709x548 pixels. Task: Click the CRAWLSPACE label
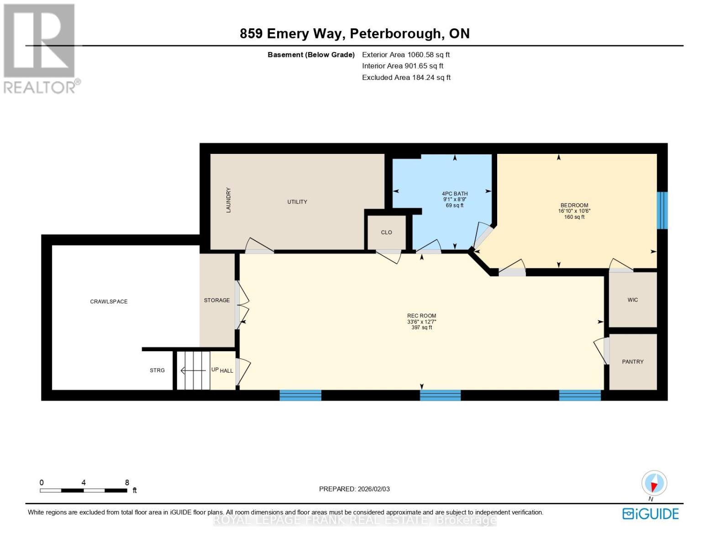coord(109,301)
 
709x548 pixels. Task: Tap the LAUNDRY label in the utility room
coord(228,200)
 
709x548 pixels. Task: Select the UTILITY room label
coord(297,202)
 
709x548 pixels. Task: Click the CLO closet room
coord(387,232)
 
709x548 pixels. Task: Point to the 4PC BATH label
coord(455,194)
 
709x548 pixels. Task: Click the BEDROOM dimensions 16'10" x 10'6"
coord(574,211)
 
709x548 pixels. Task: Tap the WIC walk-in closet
coord(633,300)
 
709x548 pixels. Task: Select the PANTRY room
coord(633,362)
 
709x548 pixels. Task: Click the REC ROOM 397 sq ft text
coord(421,327)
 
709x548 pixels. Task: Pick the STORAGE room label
coord(217,300)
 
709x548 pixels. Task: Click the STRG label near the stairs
coord(157,370)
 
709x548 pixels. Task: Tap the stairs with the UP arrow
coord(193,370)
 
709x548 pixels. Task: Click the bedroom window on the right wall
coord(662,210)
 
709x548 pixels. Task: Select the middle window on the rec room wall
coord(440,395)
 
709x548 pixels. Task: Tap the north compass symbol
coord(654,483)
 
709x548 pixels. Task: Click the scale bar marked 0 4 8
coord(84,490)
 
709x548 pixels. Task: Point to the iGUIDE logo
coord(651,514)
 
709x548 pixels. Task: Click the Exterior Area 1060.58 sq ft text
coord(406,55)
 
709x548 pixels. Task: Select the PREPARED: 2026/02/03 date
coord(354,489)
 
